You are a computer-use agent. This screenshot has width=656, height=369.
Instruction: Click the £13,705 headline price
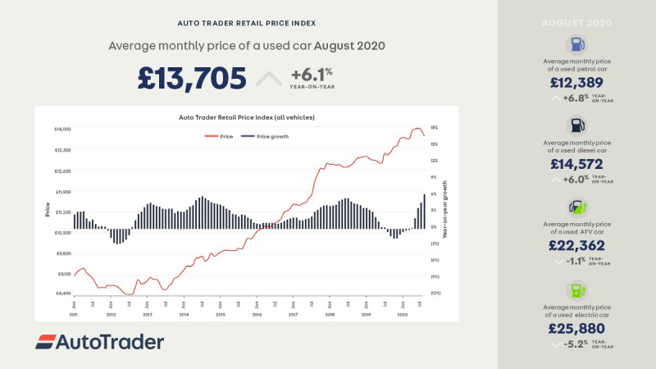coord(192,79)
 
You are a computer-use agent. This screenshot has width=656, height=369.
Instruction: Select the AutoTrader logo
coord(99,342)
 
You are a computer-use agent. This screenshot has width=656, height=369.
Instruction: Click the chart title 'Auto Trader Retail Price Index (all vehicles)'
coord(247,117)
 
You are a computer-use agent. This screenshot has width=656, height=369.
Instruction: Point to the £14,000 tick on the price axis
coord(62,130)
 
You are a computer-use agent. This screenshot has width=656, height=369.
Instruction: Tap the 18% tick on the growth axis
coord(435,128)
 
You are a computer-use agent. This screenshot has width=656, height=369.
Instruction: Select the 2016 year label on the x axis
coord(257,314)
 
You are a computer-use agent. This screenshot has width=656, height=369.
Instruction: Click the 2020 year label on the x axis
coord(402,314)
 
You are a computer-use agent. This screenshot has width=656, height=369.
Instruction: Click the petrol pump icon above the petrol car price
coord(576,46)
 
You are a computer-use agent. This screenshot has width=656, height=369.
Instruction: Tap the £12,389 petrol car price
coord(576,83)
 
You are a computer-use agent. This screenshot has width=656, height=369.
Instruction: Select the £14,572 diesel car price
coord(576,164)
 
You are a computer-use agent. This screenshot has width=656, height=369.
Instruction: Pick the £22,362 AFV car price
coord(576,245)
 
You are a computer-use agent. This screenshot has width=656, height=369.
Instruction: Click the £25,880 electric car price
coord(576,329)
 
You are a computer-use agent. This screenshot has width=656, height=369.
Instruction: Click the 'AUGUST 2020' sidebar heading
coord(576,22)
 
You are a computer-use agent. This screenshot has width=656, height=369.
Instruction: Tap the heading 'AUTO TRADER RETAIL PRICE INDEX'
coord(247,23)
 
